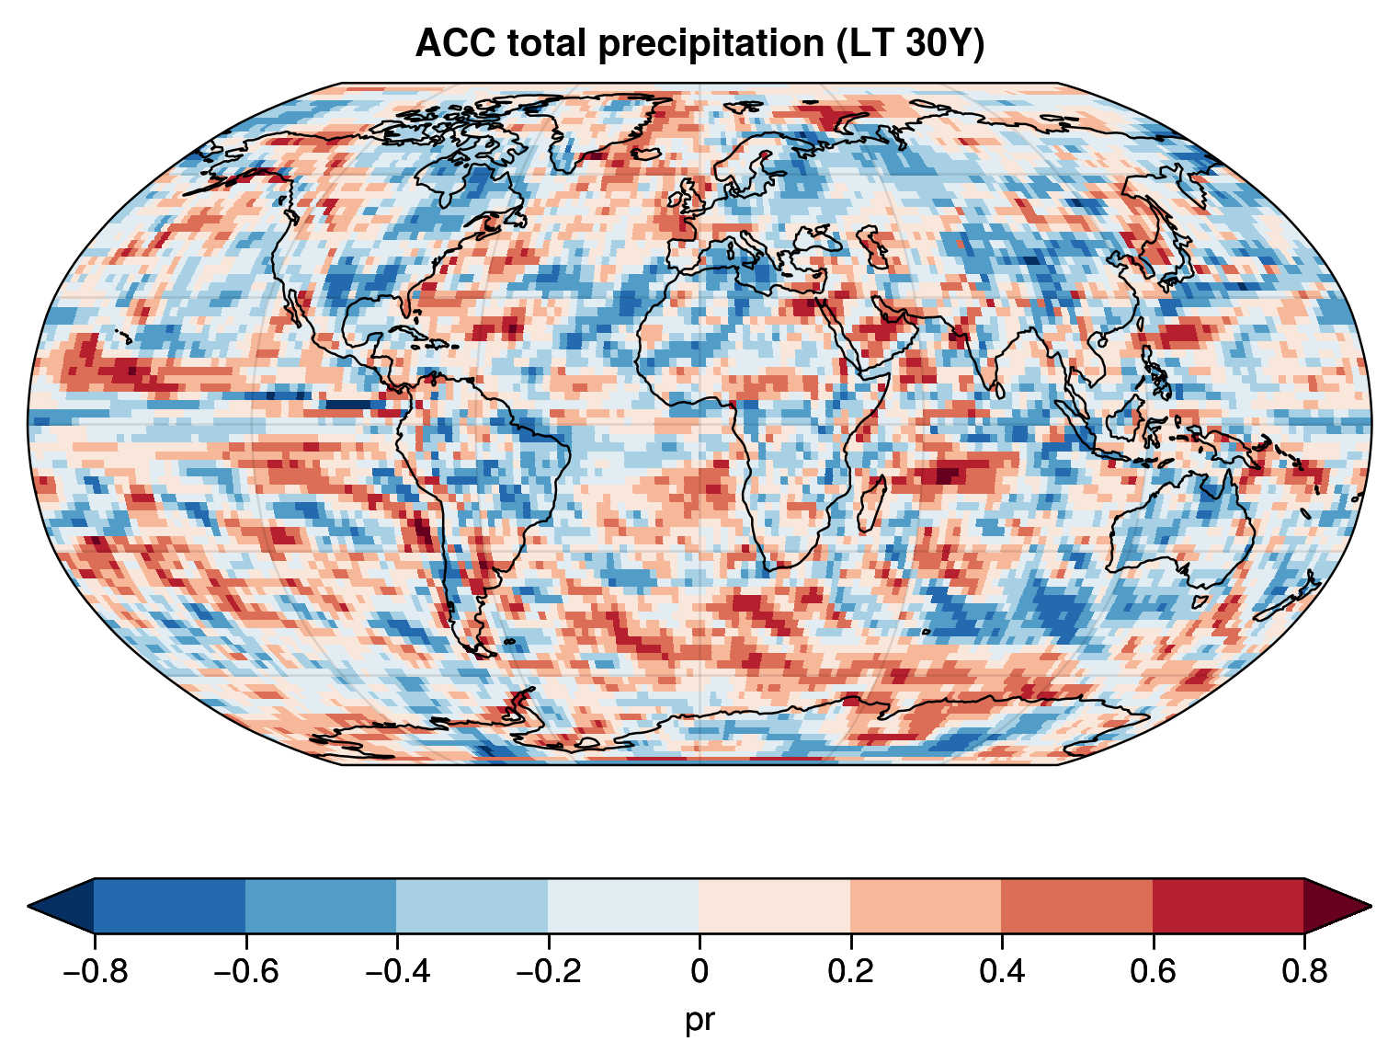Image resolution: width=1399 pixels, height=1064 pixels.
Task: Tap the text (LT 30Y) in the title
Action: pyautogui.click(x=910, y=43)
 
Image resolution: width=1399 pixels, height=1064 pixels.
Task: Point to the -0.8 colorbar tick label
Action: pyautogui.click(x=94, y=972)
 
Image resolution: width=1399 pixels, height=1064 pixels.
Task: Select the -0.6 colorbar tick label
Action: pyautogui.click(x=245, y=972)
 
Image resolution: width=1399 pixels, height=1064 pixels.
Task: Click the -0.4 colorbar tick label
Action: pyautogui.click(x=396, y=972)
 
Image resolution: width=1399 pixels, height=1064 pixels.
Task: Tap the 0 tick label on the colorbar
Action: pyautogui.click(x=699, y=972)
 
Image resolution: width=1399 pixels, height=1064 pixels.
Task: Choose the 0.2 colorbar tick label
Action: pyautogui.click(x=850, y=972)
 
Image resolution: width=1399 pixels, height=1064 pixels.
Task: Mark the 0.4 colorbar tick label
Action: pyautogui.click(x=1001, y=972)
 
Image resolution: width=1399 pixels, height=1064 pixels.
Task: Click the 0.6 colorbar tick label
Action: pyautogui.click(x=1153, y=972)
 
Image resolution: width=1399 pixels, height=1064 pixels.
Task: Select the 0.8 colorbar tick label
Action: pyautogui.click(x=1303, y=972)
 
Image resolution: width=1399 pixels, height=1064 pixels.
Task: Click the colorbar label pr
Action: pyautogui.click(x=699, y=1020)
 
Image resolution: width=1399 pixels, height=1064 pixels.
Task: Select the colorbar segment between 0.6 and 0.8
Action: pyautogui.click(x=1228, y=906)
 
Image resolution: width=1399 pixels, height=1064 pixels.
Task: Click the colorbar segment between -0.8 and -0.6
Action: pyautogui.click(x=170, y=906)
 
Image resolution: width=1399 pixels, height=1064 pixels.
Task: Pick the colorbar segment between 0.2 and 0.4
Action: pyautogui.click(x=926, y=906)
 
